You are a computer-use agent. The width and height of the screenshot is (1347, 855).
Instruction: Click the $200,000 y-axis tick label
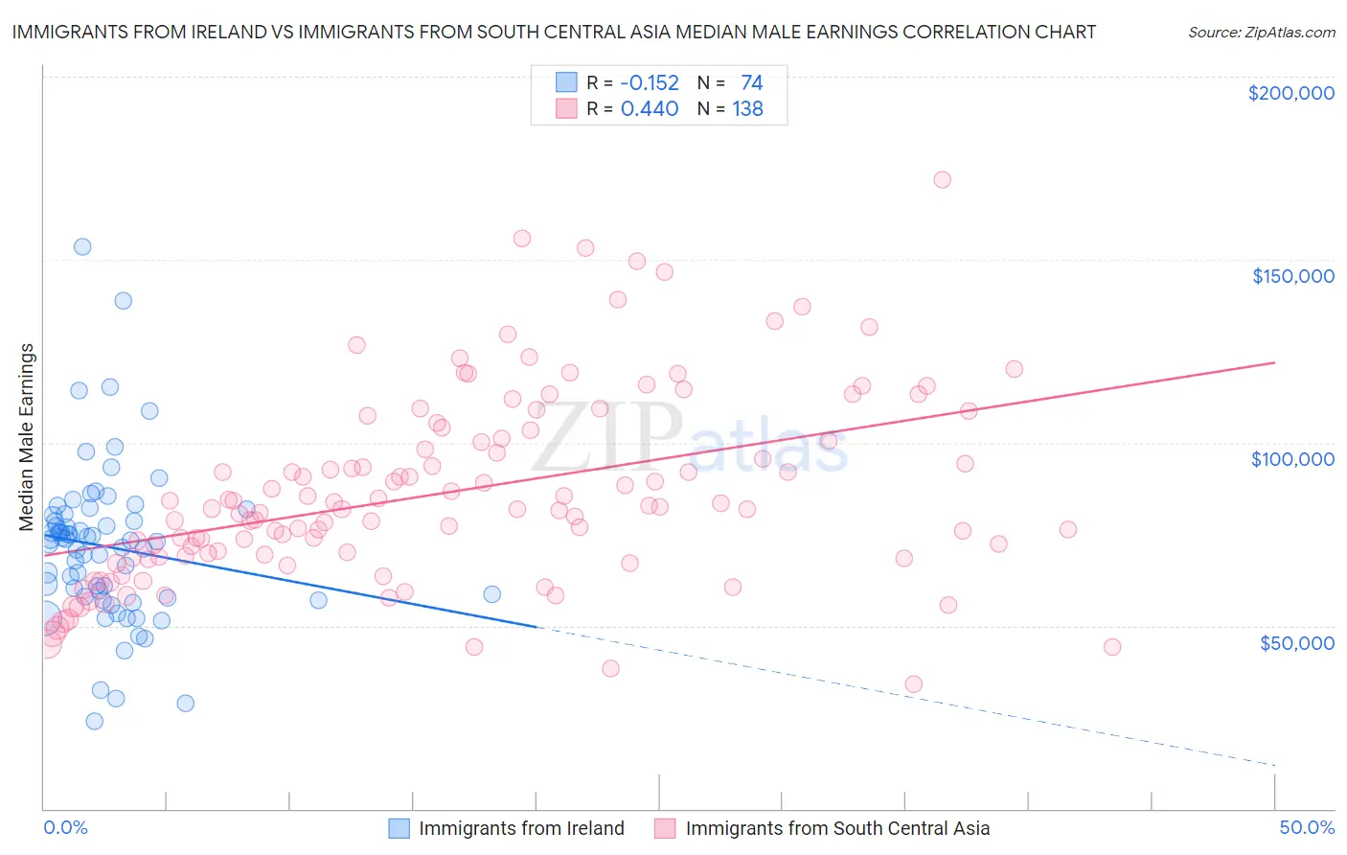click(x=1290, y=93)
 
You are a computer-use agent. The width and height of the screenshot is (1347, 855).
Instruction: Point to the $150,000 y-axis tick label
click(x=1292, y=276)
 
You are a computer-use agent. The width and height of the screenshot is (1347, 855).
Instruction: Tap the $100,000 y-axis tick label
click(x=1292, y=459)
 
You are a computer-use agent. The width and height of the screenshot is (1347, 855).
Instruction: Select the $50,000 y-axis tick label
click(x=1296, y=642)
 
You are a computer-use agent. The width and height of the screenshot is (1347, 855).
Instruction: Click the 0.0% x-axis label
click(x=65, y=827)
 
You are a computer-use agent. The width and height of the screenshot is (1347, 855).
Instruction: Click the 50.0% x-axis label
click(x=1307, y=827)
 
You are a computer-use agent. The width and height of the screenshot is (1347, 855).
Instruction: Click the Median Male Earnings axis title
click(x=26, y=437)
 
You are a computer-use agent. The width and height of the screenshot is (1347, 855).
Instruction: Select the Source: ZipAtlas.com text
click(x=1261, y=32)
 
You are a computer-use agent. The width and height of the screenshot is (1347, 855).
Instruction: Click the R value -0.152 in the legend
click(x=650, y=83)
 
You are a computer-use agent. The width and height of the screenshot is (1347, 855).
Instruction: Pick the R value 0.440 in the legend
click(x=650, y=109)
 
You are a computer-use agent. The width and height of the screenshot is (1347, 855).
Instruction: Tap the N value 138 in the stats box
click(x=747, y=109)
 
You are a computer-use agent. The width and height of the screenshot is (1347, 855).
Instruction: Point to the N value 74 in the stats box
click(x=751, y=83)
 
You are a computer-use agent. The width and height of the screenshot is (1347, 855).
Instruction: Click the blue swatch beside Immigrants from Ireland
click(x=399, y=828)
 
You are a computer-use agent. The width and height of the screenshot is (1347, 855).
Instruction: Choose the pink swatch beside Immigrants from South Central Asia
click(x=665, y=828)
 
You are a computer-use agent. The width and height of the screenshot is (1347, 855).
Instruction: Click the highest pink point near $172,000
click(x=942, y=179)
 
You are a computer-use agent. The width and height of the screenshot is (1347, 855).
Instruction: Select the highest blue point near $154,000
click(x=82, y=246)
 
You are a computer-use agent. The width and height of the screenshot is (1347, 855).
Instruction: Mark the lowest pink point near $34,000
click(x=913, y=683)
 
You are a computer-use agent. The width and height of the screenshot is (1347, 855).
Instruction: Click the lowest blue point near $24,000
click(x=94, y=721)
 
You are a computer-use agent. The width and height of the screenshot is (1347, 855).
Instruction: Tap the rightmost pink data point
click(x=1111, y=647)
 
